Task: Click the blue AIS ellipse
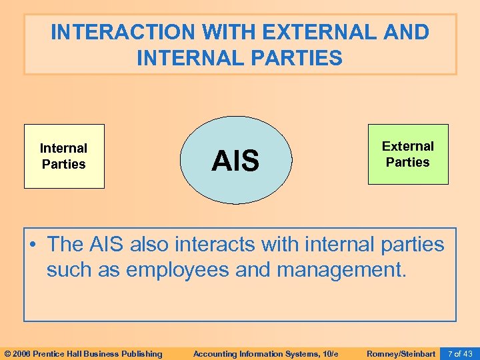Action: point(235,160)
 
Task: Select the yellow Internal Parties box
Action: point(64,156)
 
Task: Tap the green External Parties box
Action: point(408,154)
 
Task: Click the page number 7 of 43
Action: point(460,353)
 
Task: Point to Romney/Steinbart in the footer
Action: point(401,353)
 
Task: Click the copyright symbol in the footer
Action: point(7,353)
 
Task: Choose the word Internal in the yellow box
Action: point(64,148)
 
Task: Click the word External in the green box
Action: point(408,146)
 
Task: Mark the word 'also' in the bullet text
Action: point(150,245)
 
